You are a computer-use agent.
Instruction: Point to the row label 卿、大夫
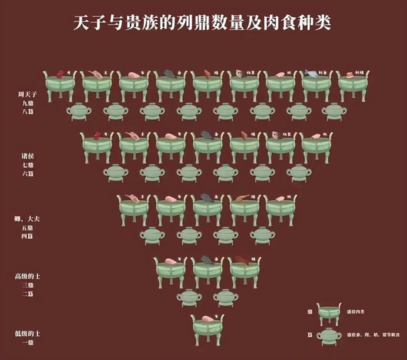pos(28,219)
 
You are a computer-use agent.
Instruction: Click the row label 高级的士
pos(28,277)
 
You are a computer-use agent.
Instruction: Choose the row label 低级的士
pos(28,334)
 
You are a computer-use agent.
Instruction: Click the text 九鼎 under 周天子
pos(28,102)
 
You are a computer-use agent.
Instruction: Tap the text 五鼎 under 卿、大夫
pos(28,228)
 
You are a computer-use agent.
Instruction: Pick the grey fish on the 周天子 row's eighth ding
pos(311,73)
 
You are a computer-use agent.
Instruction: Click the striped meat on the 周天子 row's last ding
pos(349,74)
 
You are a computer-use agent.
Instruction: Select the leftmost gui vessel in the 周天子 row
pos(79,111)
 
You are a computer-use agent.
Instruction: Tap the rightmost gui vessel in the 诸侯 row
pos(299,173)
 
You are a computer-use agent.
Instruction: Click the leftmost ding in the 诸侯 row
pos(97,147)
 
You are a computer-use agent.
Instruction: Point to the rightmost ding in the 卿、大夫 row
pos(280,210)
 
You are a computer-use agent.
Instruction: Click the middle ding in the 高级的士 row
pos(207,272)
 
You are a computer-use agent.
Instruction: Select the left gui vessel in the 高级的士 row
pos(189,297)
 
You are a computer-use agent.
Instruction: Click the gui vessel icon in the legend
pos(329,336)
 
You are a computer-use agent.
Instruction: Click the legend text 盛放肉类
pos(356,312)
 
